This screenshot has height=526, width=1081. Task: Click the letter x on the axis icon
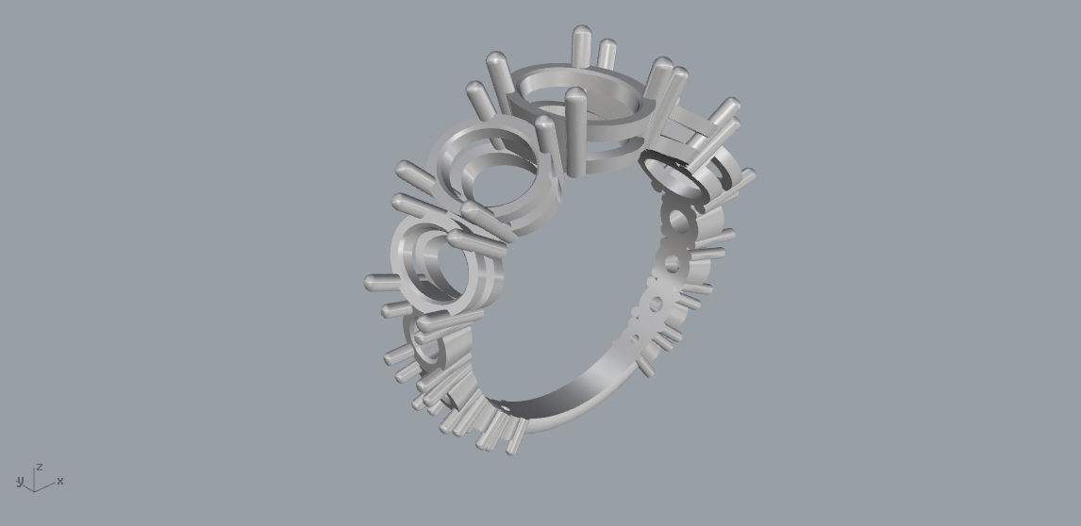[x=60, y=482]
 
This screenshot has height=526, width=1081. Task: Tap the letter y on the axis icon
[x=20, y=482]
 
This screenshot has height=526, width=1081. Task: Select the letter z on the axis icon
[x=40, y=467]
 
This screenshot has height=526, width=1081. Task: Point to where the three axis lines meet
[x=35, y=490]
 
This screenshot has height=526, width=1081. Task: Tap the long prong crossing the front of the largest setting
[x=574, y=132]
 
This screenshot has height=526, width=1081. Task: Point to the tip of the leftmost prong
[x=370, y=281]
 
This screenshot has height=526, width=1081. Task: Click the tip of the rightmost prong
[x=749, y=173]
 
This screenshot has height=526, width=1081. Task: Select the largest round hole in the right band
[x=677, y=222]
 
